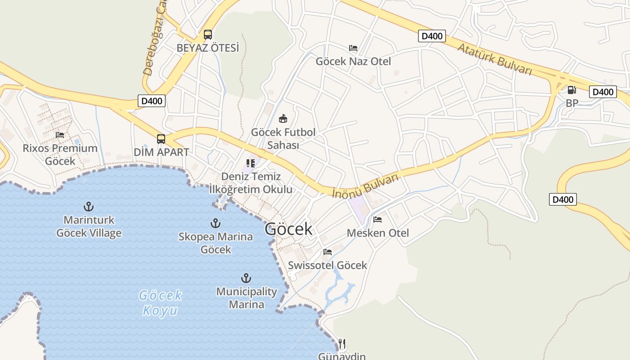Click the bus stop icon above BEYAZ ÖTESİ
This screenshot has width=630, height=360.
[x=207, y=35]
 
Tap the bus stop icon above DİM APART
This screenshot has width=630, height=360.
[x=161, y=139]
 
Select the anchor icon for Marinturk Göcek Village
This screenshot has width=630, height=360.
[x=89, y=207]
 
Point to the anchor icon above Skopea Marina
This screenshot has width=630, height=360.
[x=216, y=223]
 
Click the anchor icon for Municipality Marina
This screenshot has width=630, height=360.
[x=246, y=278]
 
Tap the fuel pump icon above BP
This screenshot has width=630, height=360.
[x=571, y=90]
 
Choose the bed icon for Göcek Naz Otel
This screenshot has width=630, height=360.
[x=353, y=48]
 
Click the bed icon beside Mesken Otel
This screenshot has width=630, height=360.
[x=378, y=220]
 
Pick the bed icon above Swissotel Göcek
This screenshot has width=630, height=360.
[x=328, y=252]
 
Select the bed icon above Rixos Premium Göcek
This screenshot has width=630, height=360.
[x=60, y=135]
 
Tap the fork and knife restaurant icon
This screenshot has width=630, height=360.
[x=342, y=344]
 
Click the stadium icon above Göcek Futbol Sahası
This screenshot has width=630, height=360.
[x=283, y=119]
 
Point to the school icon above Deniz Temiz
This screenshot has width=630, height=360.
[x=251, y=163]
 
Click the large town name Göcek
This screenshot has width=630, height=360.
[x=288, y=229]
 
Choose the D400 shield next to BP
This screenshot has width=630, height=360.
[x=603, y=92]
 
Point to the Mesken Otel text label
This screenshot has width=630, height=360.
[x=378, y=233]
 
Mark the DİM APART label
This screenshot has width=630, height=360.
[x=162, y=152]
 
